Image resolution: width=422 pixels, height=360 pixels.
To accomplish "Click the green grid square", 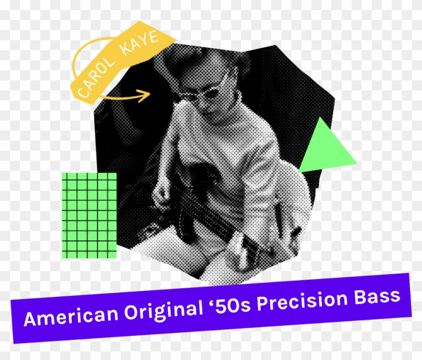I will pos(89,215).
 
